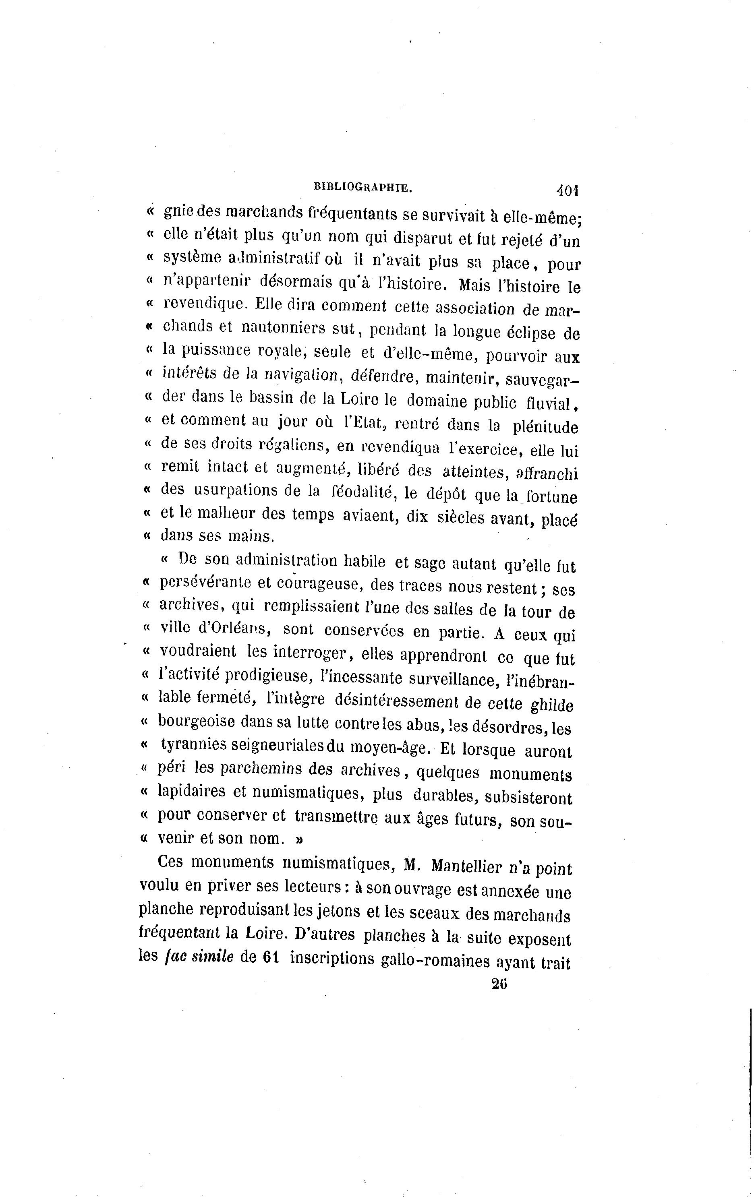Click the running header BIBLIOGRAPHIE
(x=362, y=187)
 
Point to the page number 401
(x=568, y=190)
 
